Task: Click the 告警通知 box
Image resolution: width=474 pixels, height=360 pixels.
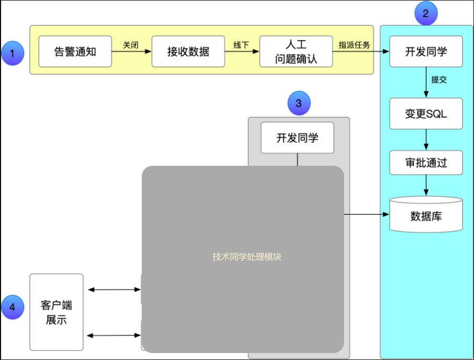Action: [x=75, y=52]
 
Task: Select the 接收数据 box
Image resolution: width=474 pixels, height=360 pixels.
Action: [x=188, y=52]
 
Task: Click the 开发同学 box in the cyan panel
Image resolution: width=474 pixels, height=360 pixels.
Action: [x=426, y=52]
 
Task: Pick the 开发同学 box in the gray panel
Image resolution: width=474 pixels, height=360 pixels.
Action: [x=297, y=138]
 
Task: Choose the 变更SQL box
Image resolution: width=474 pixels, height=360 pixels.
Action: [x=426, y=114]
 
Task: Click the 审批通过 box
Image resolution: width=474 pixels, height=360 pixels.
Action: [x=426, y=163]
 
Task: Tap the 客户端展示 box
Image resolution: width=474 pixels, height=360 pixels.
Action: [x=56, y=312]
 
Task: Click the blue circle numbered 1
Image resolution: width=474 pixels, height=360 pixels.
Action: [x=13, y=54]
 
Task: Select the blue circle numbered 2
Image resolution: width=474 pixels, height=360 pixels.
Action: [x=426, y=14]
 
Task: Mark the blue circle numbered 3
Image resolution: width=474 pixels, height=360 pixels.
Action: [x=299, y=102]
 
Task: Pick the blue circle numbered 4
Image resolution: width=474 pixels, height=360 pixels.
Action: [x=13, y=307]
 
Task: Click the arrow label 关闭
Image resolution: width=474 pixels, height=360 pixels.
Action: [x=131, y=45]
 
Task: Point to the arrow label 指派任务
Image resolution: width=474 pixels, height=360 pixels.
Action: [x=354, y=45]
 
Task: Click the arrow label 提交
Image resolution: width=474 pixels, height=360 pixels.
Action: [x=439, y=79]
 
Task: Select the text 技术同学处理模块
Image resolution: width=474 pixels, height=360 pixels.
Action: [x=247, y=257]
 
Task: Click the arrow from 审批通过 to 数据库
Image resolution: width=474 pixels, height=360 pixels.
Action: [x=426, y=186]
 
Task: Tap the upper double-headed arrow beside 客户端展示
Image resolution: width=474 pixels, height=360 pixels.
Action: [x=114, y=290]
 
